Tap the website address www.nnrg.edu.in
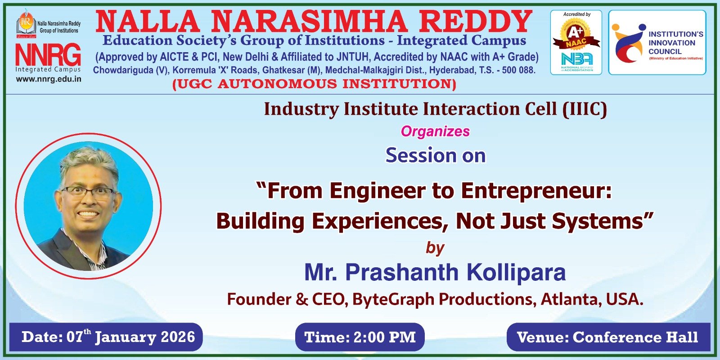click(x=49, y=79)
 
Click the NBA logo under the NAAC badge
click(x=576, y=61)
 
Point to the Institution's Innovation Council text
click(x=675, y=43)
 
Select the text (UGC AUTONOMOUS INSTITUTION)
click(x=315, y=84)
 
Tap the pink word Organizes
click(x=435, y=131)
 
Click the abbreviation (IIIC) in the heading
click(x=585, y=109)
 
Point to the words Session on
click(x=436, y=156)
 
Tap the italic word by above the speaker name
click(x=435, y=248)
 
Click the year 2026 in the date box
click(x=178, y=337)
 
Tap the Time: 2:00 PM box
click(x=360, y=337)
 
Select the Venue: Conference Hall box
click(x=608, y=337)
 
